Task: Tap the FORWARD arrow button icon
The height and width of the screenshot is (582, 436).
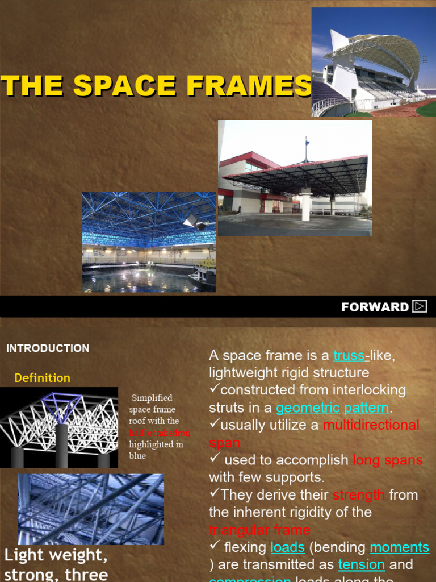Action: tap(420, 306)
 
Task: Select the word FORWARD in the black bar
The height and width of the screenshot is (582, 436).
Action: tap(375, 307)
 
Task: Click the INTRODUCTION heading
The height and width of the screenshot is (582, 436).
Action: tap(48, 348)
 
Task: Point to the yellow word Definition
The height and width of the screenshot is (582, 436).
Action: tap(43, 378)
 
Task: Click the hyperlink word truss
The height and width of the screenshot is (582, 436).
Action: tap(349, 356)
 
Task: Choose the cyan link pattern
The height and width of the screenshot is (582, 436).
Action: tap(366, 408)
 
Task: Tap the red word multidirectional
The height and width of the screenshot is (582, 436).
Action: tap(371, 425)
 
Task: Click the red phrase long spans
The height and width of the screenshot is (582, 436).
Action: tap(388, 460)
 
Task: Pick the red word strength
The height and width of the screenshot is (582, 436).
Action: tap(359, 495)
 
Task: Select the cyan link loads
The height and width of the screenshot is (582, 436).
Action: tap(288, 547)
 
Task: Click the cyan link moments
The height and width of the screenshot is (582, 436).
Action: tap(399, 547)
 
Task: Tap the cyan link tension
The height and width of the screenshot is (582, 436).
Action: tap(362, 565)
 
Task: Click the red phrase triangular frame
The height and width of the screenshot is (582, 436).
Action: tap(259, 530)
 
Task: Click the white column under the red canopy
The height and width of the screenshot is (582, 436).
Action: tap(306, 206)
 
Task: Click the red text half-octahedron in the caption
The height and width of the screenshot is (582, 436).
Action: tap(160, 433)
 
